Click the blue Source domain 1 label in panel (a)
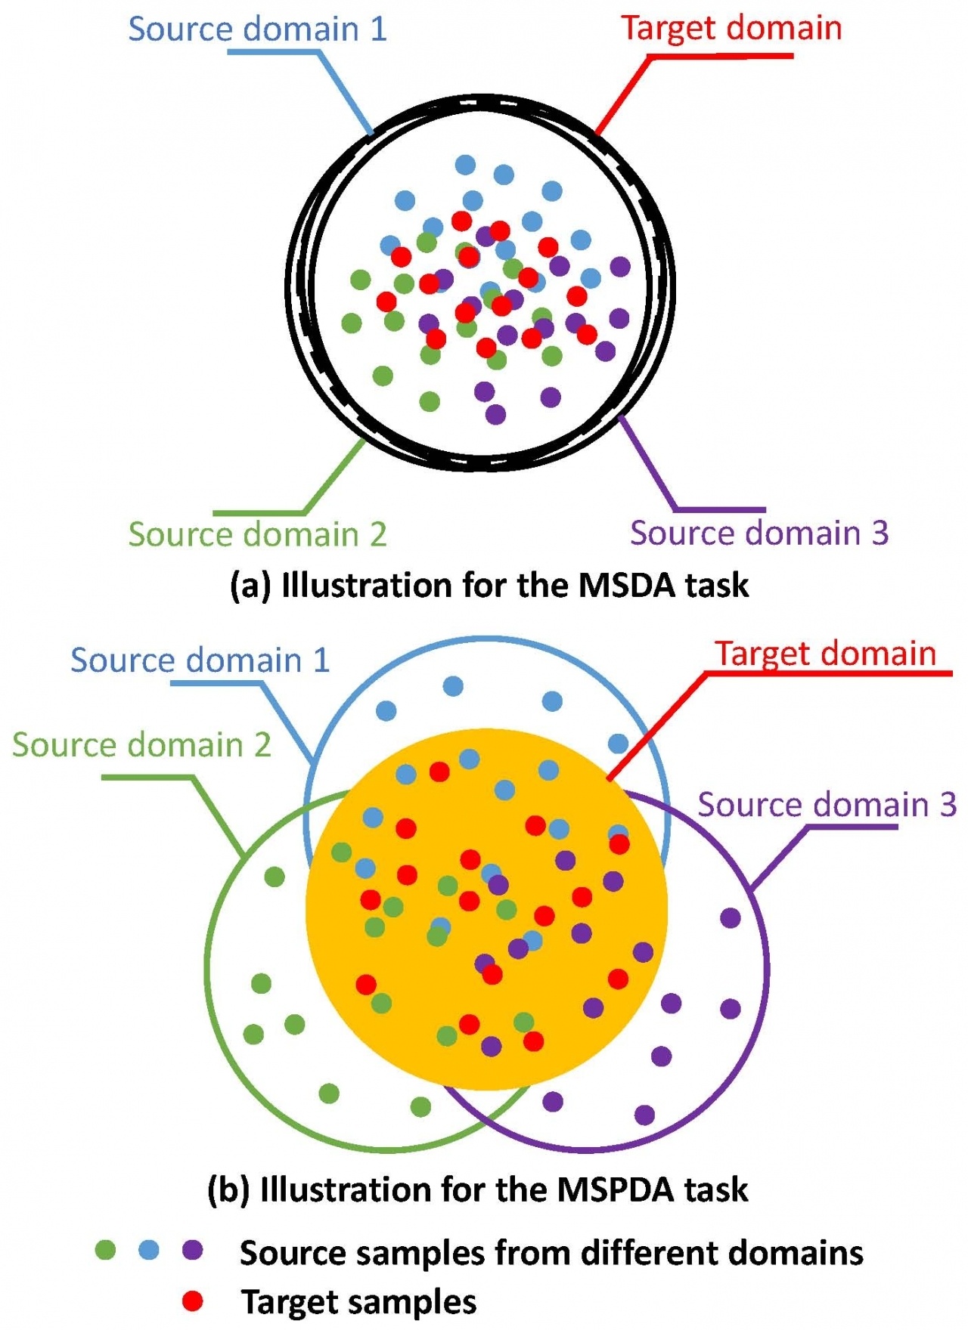(257, 29)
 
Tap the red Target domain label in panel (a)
(731, 29)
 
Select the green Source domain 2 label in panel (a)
(257, 534)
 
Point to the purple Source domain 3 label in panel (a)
(759, 533)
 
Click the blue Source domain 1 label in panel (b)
(200, 660)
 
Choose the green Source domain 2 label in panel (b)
(141, 745)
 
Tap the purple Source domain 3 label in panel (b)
(827, 805)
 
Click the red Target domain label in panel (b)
(826, 654)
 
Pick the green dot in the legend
(106, 1250)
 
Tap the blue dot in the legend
(150, 1250)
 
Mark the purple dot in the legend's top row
(194, 1250)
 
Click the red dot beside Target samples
(194, 1301)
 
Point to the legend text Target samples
(358, 1302)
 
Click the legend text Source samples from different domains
(551, 1253)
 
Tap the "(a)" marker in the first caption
(250, 586)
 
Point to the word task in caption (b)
(715, 1189)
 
